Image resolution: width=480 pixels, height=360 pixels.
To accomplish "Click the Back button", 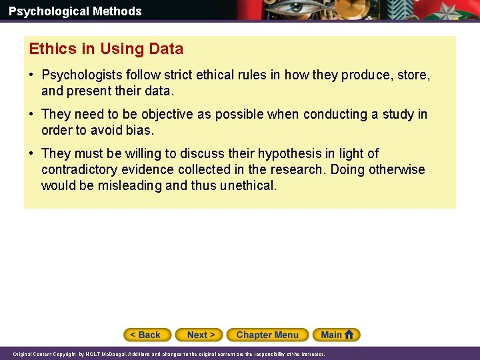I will click(147, 335).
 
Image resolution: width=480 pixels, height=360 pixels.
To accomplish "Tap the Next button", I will click(201, 335).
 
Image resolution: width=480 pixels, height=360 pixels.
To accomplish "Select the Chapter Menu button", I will click(267, 335).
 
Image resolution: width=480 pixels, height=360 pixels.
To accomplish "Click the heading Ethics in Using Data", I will click(106, 49).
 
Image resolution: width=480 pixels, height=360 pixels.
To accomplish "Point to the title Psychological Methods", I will click(75, 11).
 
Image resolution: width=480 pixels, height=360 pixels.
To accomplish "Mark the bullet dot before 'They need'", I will click(32, 114).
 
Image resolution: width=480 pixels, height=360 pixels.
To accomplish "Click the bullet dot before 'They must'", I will click(32, 153).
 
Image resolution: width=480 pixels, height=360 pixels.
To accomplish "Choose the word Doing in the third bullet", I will click(347, 169).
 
